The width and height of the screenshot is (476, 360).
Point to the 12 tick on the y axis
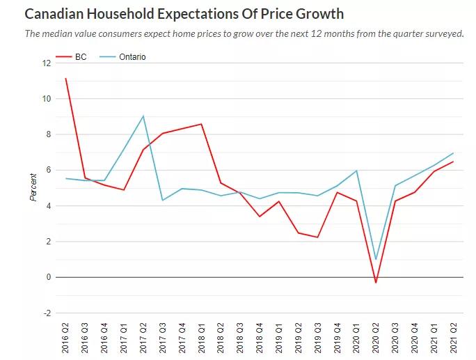pos(47,63)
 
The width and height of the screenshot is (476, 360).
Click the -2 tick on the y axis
pos(47,313)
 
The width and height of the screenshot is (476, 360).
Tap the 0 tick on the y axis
pos(48,277)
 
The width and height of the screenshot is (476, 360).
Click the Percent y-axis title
pos(33,187)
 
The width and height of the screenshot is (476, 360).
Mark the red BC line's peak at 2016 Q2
pos(66,79)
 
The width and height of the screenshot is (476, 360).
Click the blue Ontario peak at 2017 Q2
pos(143,116)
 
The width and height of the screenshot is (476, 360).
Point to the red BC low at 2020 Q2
pos(376,282)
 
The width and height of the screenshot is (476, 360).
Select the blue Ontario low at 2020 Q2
pos(376,259)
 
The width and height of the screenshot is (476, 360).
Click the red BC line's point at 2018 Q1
pos(202,124)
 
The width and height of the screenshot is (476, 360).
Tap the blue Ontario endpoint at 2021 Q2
pos(454,153)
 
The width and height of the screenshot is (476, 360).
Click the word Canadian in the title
pos(56,14)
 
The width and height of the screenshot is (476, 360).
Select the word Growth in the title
pos(317,14)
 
